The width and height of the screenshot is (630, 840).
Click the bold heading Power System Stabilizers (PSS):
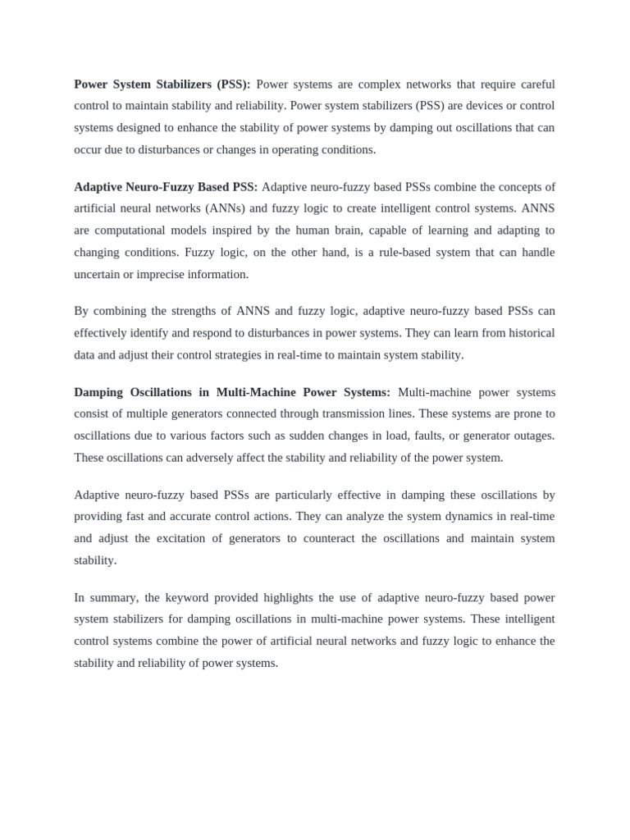click(162, 84)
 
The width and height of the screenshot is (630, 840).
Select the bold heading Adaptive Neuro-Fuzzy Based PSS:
click(166, 187)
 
